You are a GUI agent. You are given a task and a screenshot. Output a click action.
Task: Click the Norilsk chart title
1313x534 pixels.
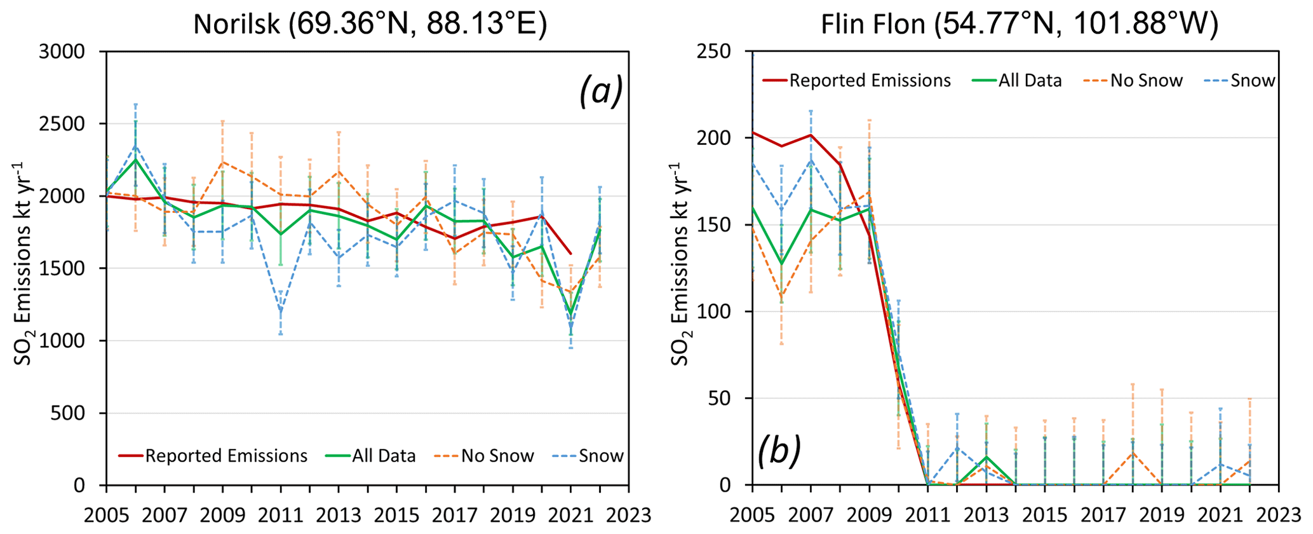pyautogui.click(x=370, y=24)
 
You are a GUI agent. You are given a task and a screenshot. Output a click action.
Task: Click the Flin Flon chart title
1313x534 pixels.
pyautogui.click(x=1019, y=24)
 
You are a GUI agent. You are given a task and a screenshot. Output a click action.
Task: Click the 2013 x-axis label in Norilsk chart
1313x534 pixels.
pyautogui.click(x=339, y=514)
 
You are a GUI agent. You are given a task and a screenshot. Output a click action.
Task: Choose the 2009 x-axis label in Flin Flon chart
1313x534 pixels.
pyautogui.click(x=869, y=514)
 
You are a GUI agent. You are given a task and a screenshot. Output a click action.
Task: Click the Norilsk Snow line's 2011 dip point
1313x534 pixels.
pyautogui.click(x=280, y=310)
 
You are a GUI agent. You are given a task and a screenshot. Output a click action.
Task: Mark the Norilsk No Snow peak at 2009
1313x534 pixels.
pyautogui.click(x=222, y=162)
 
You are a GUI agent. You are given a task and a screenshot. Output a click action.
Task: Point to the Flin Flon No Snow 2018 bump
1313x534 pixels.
pyautogui.click(x=1133, y=452)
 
